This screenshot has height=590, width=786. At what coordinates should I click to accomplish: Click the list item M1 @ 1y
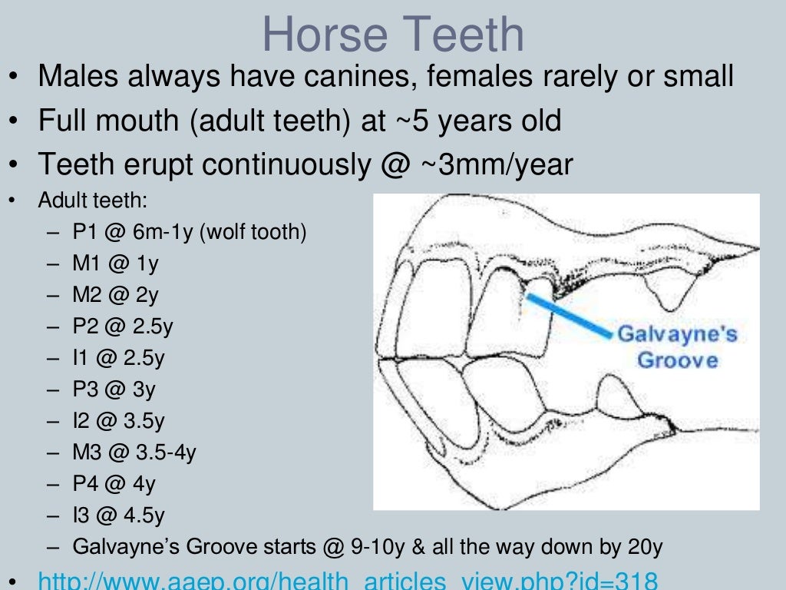(115, 264)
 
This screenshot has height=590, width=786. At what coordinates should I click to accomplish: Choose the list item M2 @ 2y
(115, 295)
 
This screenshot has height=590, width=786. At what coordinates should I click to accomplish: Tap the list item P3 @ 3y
(114, 389)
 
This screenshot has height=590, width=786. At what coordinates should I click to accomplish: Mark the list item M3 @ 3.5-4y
(134, 452)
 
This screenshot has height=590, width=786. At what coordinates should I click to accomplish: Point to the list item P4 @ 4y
(114, 484)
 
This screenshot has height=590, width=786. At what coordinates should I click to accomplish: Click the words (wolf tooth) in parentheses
(253, 232)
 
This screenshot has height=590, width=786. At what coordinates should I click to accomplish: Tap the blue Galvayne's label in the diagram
(677, 334)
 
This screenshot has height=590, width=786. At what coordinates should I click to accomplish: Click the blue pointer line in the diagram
(572, 315)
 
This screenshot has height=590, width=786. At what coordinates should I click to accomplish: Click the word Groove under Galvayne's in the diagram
(678, 360)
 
